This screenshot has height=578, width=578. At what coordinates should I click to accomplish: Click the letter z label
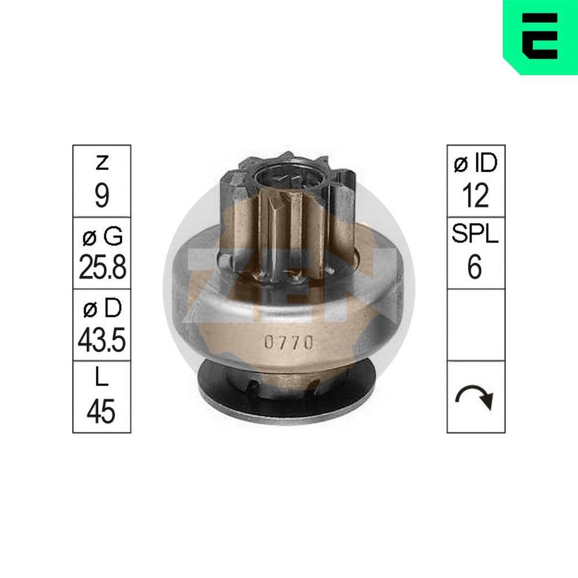coord(102,164)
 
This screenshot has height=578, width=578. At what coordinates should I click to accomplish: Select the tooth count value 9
coord(102,197)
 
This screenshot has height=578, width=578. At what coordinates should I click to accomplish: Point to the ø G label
coord(102,236)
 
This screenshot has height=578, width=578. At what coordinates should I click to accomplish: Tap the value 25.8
coord(102,268)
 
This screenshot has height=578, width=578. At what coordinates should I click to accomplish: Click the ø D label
coord(102,309)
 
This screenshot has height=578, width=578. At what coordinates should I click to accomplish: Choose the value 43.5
coord(102,341)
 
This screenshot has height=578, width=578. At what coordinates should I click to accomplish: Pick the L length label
coord(102,380)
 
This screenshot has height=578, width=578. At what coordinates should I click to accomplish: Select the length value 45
coord(102,412)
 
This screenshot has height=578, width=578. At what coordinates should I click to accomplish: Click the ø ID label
coord(476,164)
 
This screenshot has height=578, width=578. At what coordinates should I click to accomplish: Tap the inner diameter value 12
coord(476,197)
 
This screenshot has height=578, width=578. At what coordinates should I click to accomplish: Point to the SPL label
coord(476,236)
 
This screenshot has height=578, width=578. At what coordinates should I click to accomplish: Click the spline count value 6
coord(476,268)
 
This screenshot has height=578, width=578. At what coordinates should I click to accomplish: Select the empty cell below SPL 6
coord(476,325)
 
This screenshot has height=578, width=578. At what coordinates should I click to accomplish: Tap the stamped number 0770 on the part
coord(289,342)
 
